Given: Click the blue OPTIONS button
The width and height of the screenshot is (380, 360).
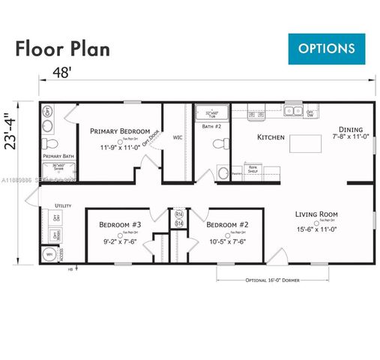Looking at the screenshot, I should pyautogui.click(x=327, y=49).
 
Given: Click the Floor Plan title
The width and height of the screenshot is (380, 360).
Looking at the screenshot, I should pyautogui.click(x=63, y=49).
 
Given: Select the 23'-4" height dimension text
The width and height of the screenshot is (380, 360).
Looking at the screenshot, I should pyautogui.click(x=10, y=131).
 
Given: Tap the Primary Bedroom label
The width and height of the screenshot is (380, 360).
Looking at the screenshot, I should pyautogui.click(x=120, y=130).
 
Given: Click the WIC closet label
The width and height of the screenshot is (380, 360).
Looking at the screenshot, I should pyautogui.click(x=178, y=137).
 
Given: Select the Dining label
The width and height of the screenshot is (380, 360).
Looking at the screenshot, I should pyautogui.click(x=351, y=129).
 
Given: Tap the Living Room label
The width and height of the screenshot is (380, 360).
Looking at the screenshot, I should pyautogui.click(x=317, y=214).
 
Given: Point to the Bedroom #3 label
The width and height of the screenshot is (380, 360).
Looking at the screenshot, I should pyautogui.click(x=121, y=224).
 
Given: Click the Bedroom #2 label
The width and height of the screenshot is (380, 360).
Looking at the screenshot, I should pyautogui.click(x=226, y=224).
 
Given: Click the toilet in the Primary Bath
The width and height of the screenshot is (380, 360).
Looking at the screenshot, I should pyautogui.click(x=49, y=143).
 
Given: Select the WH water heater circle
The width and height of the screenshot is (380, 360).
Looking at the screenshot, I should pyautogui.click(x=51, y=254).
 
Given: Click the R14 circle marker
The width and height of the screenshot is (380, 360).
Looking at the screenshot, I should pyautogui.click(x=178, y=215).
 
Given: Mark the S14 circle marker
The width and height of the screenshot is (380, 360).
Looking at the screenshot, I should pyautogui.click(x=178, y=223).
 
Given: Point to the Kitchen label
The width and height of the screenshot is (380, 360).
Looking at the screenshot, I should pyautogui.click(x=271, y=137).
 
